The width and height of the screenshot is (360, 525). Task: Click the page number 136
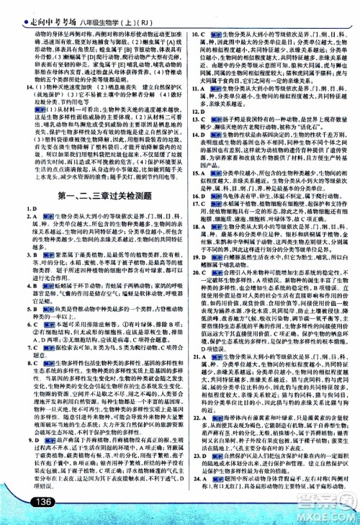pyautogui.click(x=33, y=503)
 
